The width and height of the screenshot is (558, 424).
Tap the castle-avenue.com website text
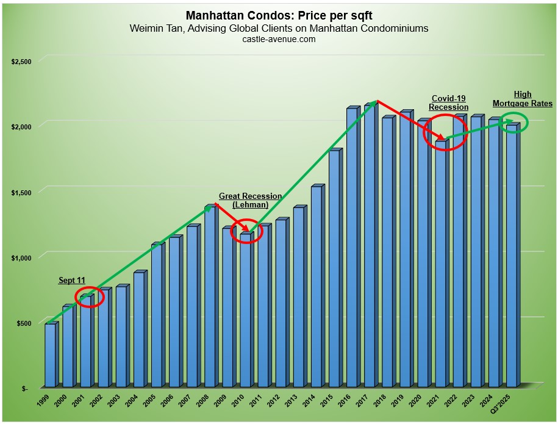point(279,39)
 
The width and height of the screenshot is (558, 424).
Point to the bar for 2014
point(316,287)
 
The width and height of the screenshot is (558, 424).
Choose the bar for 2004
point(139,329)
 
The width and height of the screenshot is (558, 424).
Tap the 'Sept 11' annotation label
point(72,281)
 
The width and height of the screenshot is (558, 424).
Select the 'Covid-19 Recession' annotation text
point(449,102)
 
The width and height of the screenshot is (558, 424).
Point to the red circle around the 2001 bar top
point(90,297)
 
